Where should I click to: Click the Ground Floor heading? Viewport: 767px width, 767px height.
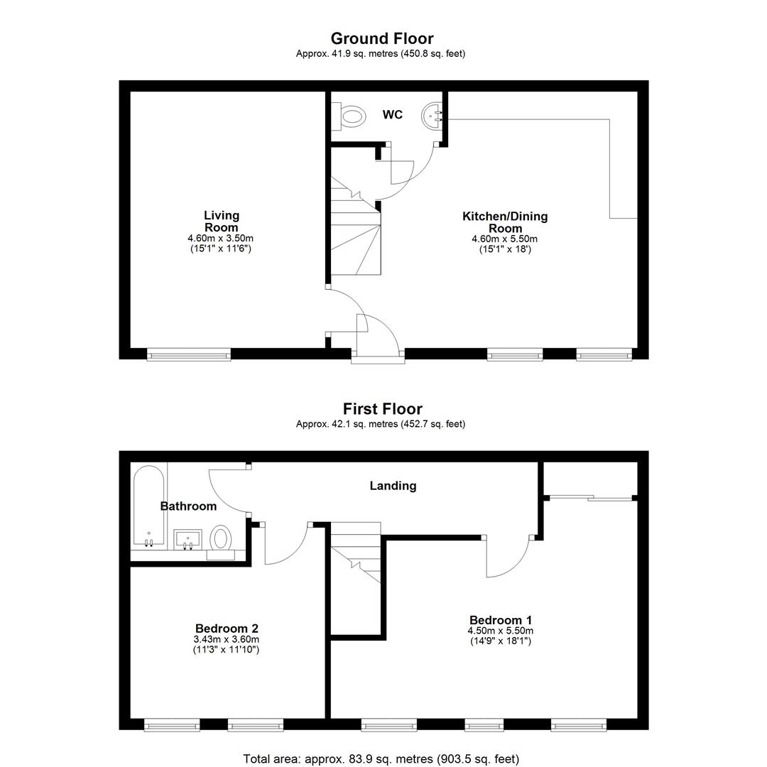(382, 38)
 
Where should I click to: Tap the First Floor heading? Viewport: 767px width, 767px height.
(383, 408)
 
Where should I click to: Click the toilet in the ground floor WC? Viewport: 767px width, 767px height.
(349, 116)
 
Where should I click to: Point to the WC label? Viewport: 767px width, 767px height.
(392, 114)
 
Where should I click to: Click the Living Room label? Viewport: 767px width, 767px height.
(222, 221)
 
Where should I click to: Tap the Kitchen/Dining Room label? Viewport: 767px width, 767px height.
(505, 222)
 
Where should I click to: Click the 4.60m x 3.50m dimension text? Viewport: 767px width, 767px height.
(221, 239)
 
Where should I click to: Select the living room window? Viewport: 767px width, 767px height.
(189, 354)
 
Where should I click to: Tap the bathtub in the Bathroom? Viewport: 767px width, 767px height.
(148, 506)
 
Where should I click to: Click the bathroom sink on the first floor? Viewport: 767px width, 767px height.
(187, 540)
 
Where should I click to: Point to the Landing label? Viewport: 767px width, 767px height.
(393, 486)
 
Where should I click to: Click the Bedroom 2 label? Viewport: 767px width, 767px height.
(227, 628)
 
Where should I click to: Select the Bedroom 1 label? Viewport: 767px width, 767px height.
(501, 620)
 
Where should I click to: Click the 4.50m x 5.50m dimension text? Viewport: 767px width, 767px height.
(501, 631)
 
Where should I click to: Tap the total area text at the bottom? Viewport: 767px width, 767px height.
(381, 758)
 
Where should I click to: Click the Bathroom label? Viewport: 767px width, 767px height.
(188, 506)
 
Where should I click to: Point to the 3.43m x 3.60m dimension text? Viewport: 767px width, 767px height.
(227, 639)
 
